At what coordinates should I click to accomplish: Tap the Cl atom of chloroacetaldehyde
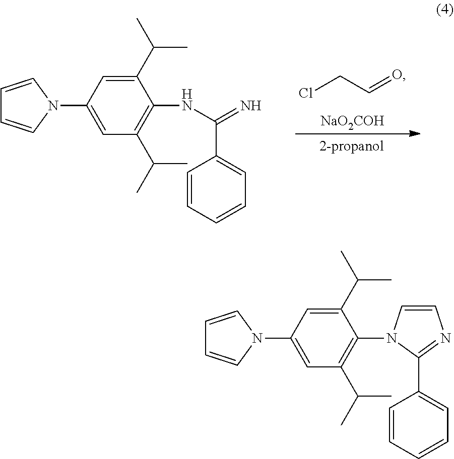(x=306, y=93)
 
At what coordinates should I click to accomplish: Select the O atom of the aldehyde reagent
(x=397, y=75)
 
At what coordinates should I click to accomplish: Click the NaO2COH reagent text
(x=352, y=121)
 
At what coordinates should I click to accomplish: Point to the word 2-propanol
(x=351, y=145)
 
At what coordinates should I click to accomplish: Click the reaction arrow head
(x=414, y=133)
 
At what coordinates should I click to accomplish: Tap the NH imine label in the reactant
(x=250, y=106)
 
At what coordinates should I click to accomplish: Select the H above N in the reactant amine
(x=187, y=94)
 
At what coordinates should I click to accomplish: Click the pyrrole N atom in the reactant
(x=53, y=105)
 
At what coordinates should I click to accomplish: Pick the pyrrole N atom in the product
(x=257, y=338)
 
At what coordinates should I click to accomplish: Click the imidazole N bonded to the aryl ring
(x=392, y=338)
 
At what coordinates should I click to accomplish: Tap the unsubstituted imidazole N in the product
(x=445, y=338)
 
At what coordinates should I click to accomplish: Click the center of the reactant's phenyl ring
(x=216, y=189)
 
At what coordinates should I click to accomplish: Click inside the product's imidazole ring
(x=418, y=330)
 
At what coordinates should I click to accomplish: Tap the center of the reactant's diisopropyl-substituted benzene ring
(x=120, y=105)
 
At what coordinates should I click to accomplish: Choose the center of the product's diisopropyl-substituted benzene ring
(x=324, y=338)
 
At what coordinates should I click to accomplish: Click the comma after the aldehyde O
(x=404, y=79)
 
